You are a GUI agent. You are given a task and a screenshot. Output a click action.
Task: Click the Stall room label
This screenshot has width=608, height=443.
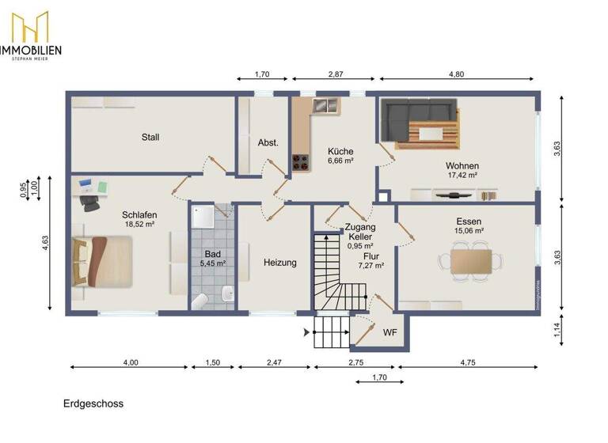(x=150, y=137)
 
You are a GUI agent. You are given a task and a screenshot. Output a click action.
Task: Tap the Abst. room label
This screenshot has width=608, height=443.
(x=268, y=143)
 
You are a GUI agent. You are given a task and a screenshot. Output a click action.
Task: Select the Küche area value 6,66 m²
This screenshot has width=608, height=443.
(x=340, y=161)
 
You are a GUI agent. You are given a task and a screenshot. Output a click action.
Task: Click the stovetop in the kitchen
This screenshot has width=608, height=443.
(x=301, y=162)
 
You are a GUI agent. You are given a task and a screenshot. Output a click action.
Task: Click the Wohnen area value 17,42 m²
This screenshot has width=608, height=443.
(x=462, y=176)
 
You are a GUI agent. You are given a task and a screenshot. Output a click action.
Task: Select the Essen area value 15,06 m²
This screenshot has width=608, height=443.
(x=469, y=232)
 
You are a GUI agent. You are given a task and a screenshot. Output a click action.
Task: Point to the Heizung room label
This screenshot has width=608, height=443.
(x=280, y=263)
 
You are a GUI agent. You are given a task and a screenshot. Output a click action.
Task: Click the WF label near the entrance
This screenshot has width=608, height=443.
(x=389, y=332)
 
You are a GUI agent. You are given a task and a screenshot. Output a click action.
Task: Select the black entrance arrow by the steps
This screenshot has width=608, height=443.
(x=308, y=332)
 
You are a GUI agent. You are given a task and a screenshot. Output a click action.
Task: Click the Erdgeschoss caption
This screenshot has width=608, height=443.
(x=93, y=403)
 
